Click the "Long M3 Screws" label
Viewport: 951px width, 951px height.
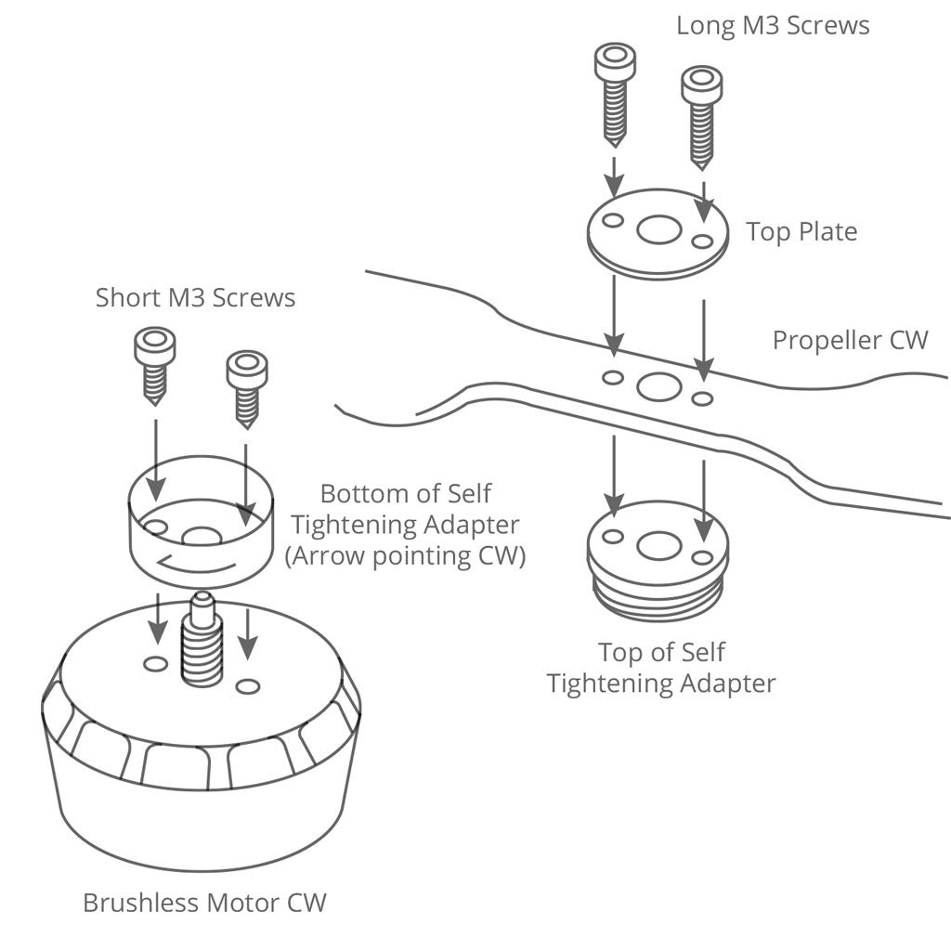point(773,25)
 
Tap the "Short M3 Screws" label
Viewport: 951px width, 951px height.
point(195,298)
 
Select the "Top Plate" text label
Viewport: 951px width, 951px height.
point(801,231)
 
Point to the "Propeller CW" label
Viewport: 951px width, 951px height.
point(850,340)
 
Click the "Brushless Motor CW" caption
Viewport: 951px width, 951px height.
point(204,902)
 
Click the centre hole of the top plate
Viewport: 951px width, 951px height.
point(659,229)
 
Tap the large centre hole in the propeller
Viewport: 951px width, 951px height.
point(659,386)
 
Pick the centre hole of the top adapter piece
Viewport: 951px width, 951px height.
point(659,546)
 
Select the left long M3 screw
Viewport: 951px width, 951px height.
point(614,93)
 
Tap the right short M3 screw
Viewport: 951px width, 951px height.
point(247,386)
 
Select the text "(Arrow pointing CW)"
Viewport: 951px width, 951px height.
point(405,557)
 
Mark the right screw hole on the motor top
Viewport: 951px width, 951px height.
point(247,686)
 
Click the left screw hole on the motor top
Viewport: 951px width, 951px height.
point(156,663)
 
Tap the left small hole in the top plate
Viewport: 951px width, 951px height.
point(612,221)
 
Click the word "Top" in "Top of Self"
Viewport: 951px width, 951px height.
point(619,653)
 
